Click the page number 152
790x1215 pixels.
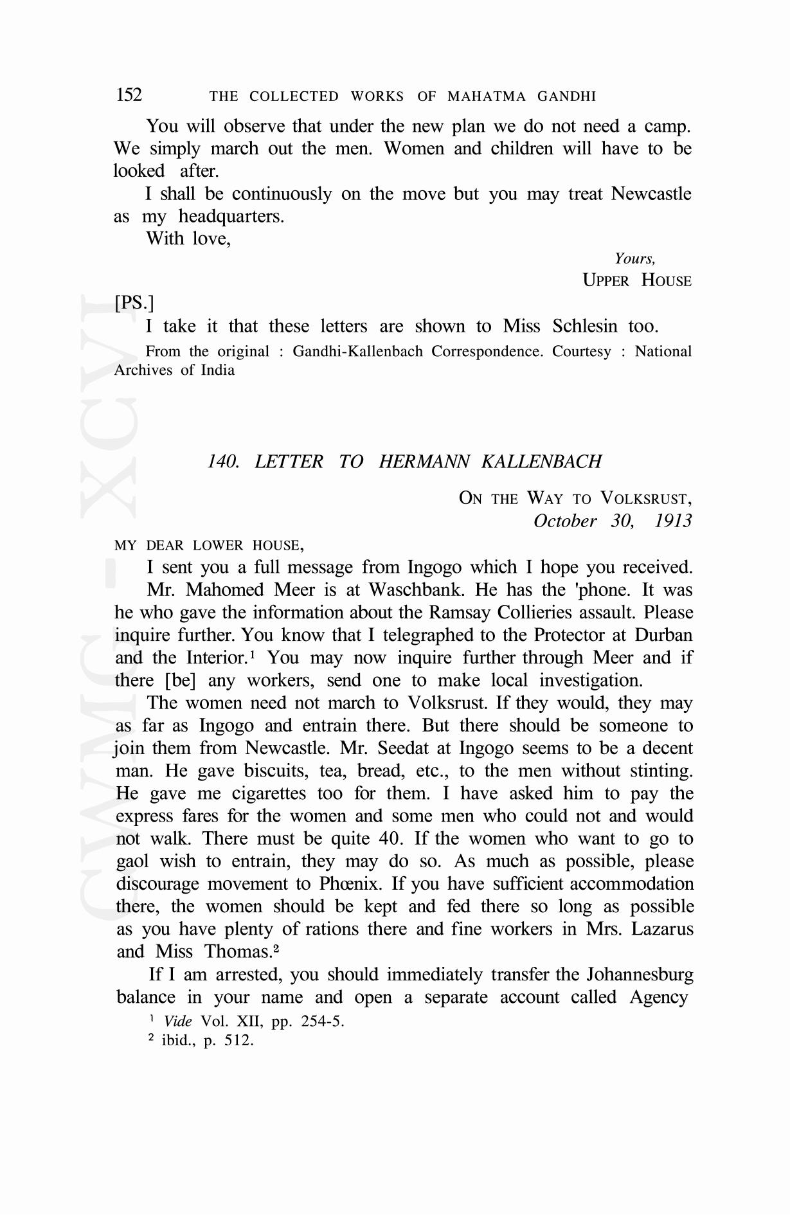129,95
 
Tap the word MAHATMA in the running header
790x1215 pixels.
486,97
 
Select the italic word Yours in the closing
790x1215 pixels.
633,258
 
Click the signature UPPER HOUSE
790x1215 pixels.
636,281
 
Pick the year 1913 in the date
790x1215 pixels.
673,521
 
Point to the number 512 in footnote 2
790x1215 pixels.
238,1040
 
